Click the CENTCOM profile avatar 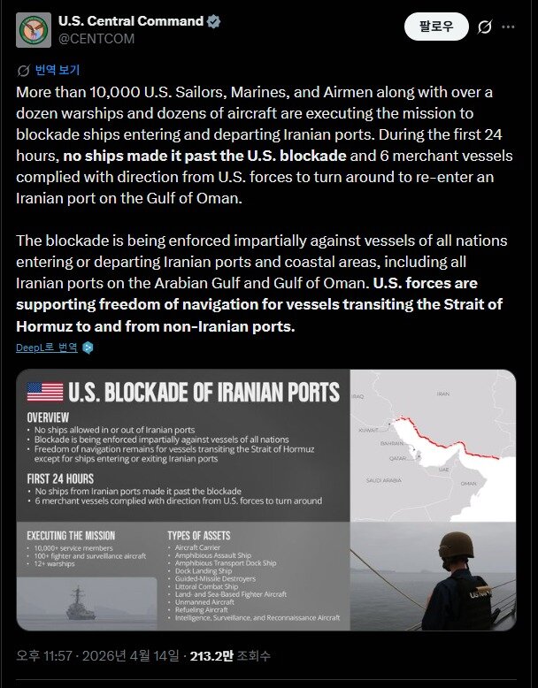pos(33,30)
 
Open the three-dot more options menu pos(508,27)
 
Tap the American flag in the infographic pos(45,392)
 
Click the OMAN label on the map pos(468,484)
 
